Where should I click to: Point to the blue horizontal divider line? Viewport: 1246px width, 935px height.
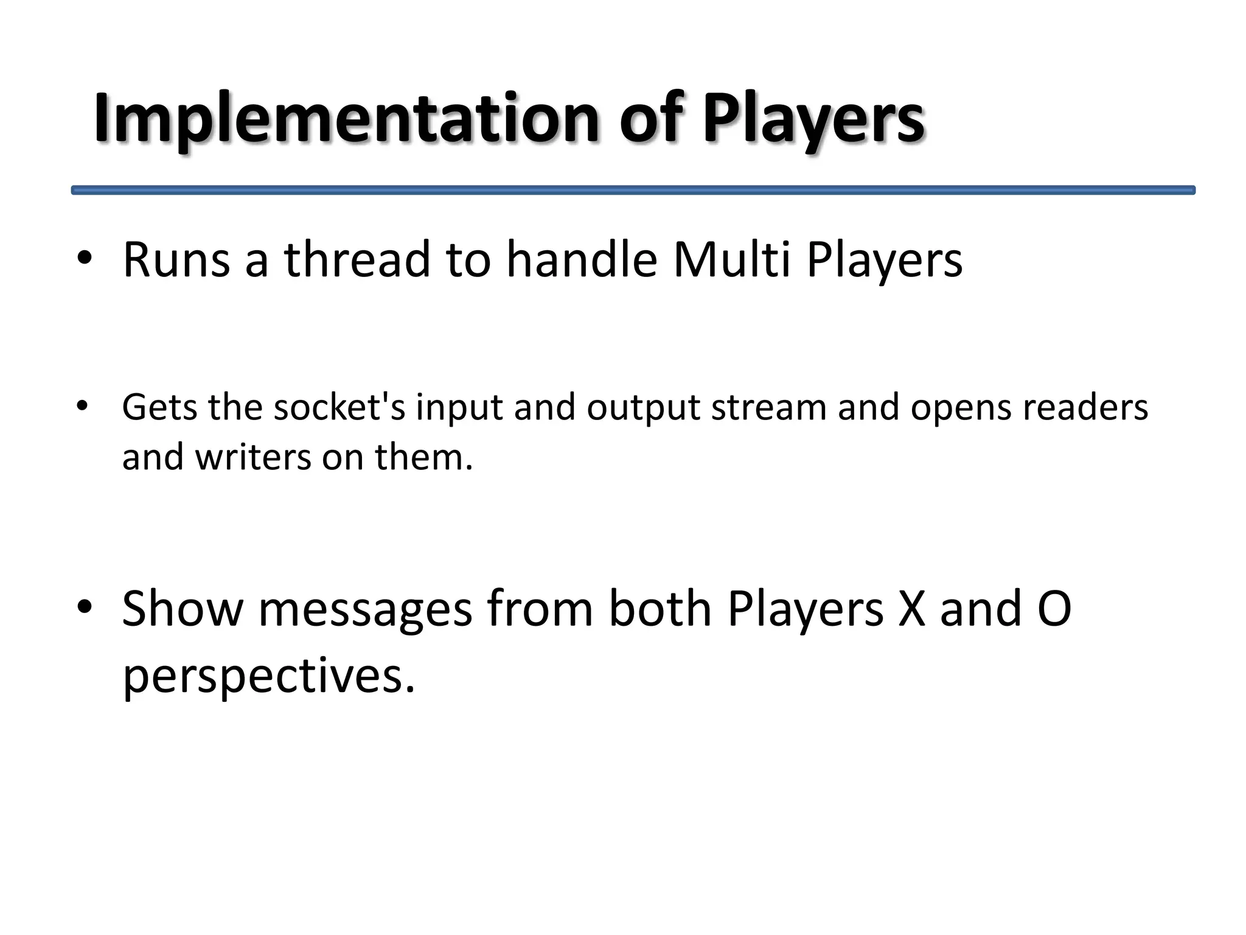pyautogui.click(x=633, y=190)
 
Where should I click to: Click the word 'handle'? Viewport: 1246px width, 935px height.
pyautogui.click(x=582, y=260)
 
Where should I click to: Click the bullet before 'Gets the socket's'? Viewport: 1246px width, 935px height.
pyautogui.click(x=83, y=406)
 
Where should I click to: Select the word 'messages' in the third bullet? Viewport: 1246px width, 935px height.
pyautogui.click(x=365, y=610)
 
